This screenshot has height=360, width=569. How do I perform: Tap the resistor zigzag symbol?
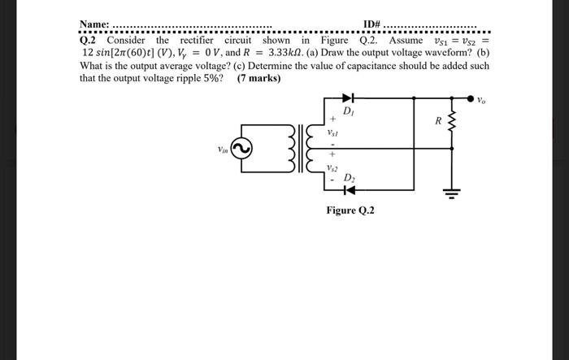tap(452, 124)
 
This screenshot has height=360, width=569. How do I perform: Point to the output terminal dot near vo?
tap(470, 98)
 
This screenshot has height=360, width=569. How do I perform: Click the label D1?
tap(348, 111)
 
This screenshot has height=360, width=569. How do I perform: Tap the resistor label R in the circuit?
tap(437, 122)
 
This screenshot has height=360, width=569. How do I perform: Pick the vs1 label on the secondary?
tap(332, 131)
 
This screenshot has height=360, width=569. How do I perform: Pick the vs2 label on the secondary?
tap(332, 168)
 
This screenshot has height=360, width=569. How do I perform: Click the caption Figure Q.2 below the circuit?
tap(350, 210)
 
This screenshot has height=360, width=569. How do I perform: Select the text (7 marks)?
tap(258, 79)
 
